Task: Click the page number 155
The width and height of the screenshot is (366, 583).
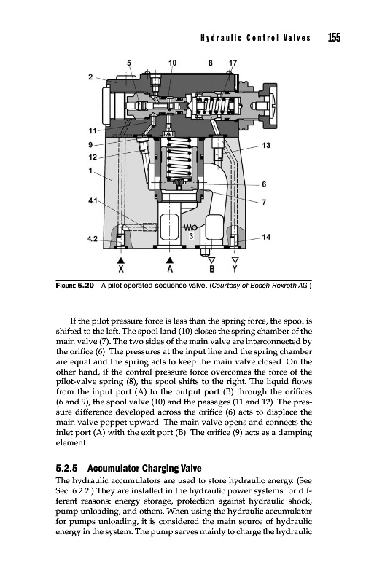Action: tap(334, 38)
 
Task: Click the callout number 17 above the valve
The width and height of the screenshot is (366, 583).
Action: tap(233, 63)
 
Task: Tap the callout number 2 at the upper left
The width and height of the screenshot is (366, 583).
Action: tap(90, 77)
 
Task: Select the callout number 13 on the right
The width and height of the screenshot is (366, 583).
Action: tap(266, 145)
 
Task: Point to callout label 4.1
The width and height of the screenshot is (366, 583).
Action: tap(93, 201)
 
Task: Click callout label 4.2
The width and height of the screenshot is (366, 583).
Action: tap(93, 239)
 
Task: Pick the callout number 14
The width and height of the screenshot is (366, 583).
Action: tap(266, 237)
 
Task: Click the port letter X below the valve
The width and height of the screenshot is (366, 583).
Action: tap(121, 268)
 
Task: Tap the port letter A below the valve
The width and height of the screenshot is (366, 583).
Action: tap(170, 268)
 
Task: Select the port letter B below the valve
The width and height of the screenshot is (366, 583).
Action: tap(211, 268)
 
